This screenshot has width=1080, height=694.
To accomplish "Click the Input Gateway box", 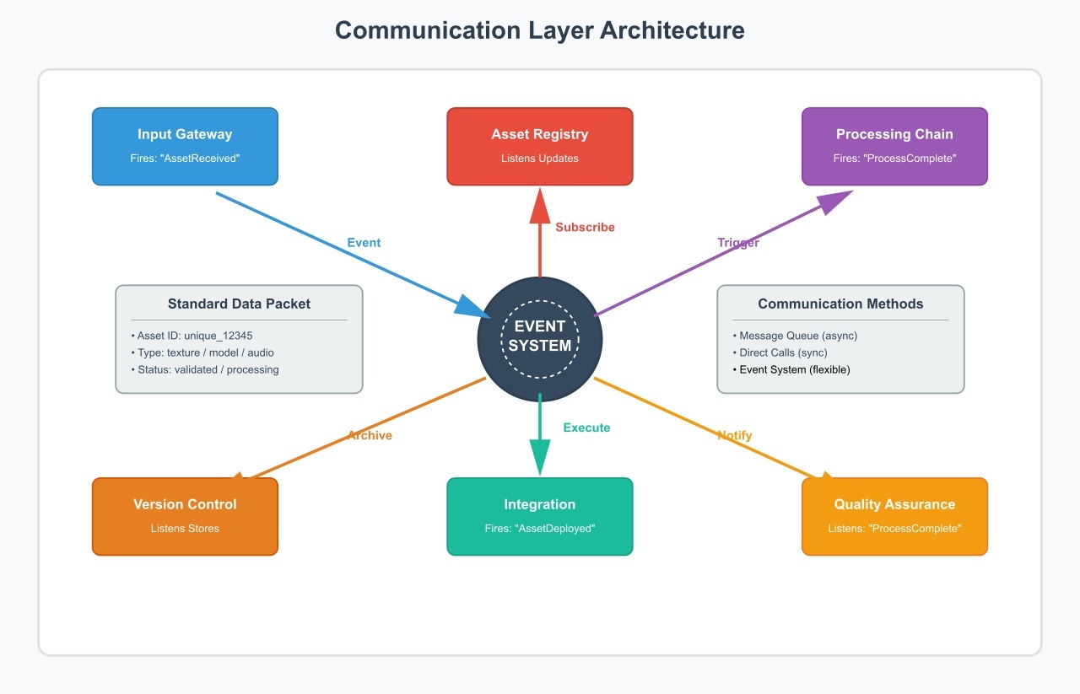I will (185, 146).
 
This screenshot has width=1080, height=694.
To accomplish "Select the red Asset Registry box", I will (539, 146).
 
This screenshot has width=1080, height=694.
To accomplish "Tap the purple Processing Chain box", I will (894, 146).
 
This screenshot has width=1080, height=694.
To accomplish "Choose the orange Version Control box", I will (185, 516).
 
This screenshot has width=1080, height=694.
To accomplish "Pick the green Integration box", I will (539, 516).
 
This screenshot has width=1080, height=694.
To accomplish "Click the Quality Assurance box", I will (894, 516).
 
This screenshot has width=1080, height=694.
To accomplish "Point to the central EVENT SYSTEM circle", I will (540, 336).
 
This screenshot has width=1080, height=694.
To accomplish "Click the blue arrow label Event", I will (364, 243).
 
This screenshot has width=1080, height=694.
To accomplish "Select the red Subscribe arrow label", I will (585, 227).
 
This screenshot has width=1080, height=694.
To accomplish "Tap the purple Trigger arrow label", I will (738, 243).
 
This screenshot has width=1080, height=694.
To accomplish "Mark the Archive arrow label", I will (370, 435).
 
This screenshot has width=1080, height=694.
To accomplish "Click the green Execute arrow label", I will (586, 428).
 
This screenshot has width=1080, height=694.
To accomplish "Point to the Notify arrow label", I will (734, 435).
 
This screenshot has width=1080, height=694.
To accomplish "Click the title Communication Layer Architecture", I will (540, 30).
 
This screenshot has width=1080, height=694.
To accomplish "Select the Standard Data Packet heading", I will (239, 304).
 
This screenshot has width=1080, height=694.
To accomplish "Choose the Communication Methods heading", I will (840, 304).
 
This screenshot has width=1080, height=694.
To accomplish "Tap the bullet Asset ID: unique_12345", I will (192, 336).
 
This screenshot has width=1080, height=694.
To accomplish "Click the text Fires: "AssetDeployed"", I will (539, 529).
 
